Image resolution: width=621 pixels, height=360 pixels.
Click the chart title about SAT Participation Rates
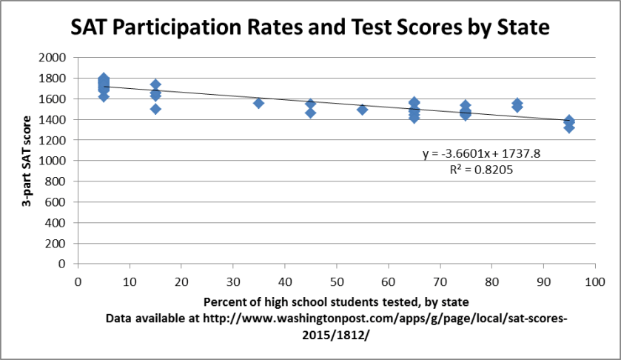309,28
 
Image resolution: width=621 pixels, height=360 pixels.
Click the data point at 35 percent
258,103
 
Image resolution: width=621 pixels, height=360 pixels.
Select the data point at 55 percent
362,110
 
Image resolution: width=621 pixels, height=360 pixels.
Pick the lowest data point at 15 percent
155,109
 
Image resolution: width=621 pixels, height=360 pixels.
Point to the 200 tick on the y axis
58,243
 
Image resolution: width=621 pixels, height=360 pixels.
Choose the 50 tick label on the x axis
336,281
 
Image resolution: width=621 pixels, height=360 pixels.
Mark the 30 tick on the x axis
232,281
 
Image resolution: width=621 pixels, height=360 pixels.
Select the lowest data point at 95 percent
569,127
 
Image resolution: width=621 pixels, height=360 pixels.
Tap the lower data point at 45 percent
310,113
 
